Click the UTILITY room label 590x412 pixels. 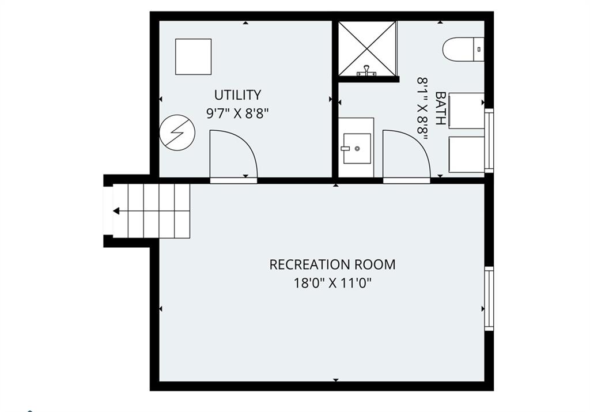point(237,95)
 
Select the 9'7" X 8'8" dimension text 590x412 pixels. point(238,113)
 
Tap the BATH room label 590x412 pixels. point(440,108)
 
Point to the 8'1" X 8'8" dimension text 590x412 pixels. point(423,109)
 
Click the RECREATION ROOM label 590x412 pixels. point(332,264)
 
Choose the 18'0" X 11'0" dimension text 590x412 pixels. point(332,282)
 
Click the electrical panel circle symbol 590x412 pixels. point(177,133)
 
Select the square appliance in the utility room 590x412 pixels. point(194,56)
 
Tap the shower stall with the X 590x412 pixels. point(368,48)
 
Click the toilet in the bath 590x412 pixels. point(463,50)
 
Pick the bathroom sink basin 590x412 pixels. point(357,148)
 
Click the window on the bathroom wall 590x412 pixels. point(489,141)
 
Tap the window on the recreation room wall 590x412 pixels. point(489,298)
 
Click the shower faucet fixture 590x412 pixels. point(366,70)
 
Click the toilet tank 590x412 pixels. point(478,50)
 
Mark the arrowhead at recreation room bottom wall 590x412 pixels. point(336,380)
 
